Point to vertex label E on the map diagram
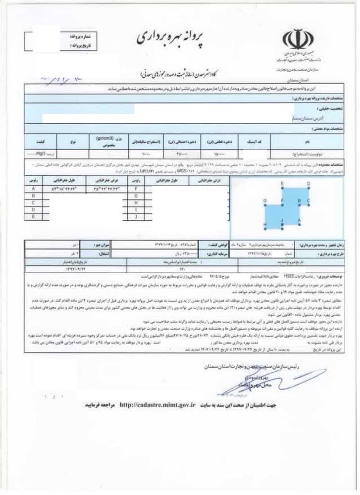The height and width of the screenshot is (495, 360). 281,184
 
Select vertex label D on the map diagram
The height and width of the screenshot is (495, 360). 308,184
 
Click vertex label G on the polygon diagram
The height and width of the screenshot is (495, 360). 265,201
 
